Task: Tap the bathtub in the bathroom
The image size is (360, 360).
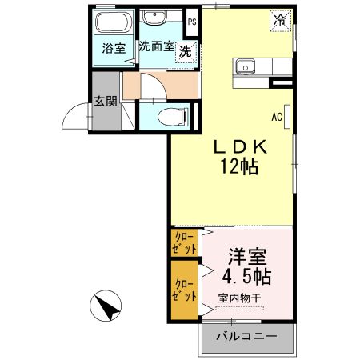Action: (x=112, y=22)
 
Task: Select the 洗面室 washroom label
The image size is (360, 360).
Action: (x=156, y=46)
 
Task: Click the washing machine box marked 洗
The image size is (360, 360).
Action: (x=186, y=51)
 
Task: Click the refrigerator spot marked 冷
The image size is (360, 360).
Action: (x=280, y=18)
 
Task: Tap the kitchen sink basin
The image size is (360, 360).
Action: (x=245, y=66)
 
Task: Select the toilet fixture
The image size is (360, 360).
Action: (x=168, y=115)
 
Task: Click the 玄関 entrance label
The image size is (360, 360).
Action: (x=104, y=102)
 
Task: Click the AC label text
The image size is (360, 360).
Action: (x=276, y=117)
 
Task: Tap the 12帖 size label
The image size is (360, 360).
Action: (x=238, y=167)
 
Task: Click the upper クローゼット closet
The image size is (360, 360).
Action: (x=184, y=243)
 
